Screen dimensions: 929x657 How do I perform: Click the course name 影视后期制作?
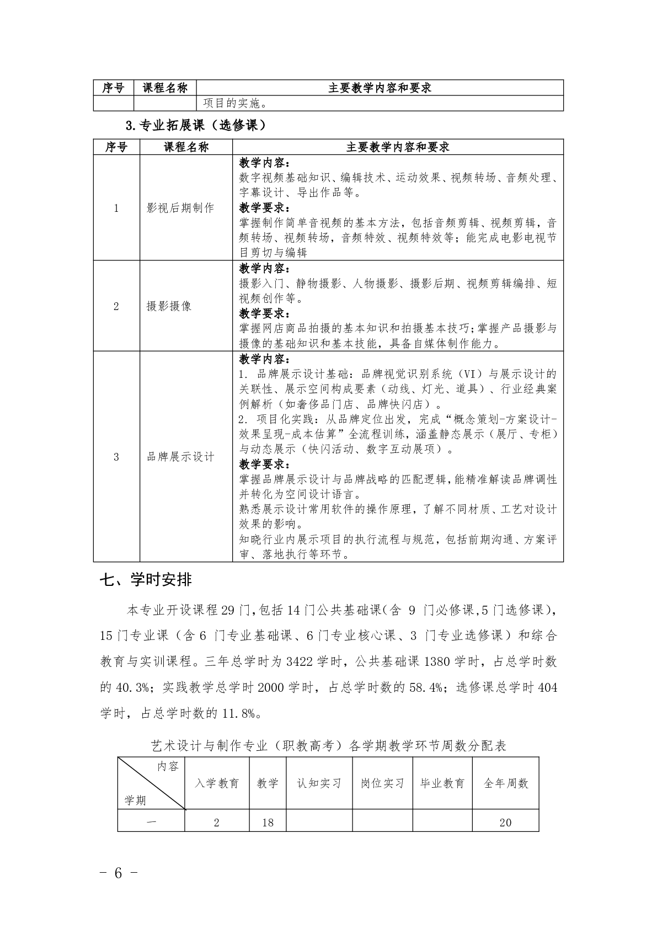(x=180, y=208)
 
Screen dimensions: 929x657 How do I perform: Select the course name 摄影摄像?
(x=169, y=306)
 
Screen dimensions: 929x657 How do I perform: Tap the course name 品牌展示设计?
(x=180, y=457)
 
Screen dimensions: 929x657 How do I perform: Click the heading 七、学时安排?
(x=146, y=580)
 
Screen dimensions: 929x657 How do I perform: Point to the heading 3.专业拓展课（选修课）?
(x=196, y=126)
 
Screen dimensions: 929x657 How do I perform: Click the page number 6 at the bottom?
(x=117, y=873)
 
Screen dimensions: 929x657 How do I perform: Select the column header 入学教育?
(x=217, y=783)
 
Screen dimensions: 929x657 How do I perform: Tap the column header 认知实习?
(x=319, y=783)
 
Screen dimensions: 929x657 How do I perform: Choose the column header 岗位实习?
(x=382, y=783)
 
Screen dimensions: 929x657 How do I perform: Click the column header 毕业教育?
(x=442, y=783)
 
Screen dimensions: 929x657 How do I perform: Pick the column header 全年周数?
(x=506, y=783)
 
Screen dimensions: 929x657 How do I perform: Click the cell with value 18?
(x=268, y=823)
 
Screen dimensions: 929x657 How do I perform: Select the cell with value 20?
(x=505, y=823)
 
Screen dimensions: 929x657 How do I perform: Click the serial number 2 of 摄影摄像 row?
(x=116, y=306)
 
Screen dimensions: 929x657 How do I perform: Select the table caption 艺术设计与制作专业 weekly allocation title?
(x=329, y=746)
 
